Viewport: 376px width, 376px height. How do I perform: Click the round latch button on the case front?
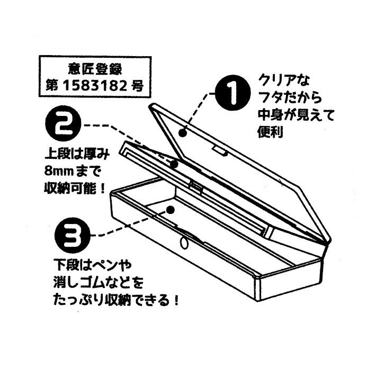click(x=184, y=243)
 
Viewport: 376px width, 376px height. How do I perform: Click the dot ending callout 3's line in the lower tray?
click(x=169, y=211)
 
